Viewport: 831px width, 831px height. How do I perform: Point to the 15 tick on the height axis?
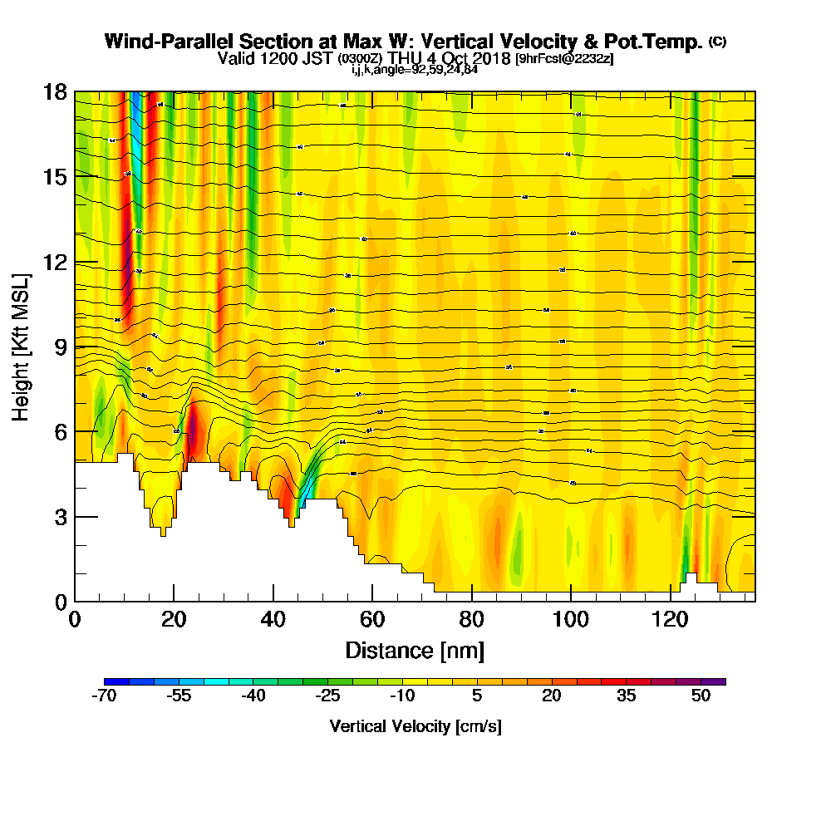75,176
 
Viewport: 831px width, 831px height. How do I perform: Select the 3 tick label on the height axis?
60,516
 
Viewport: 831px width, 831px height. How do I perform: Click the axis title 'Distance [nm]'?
415,650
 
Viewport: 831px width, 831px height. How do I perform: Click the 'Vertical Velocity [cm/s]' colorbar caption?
415,726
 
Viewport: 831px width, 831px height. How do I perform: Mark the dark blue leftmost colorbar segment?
116,681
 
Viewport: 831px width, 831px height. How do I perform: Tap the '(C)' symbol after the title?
717,42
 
